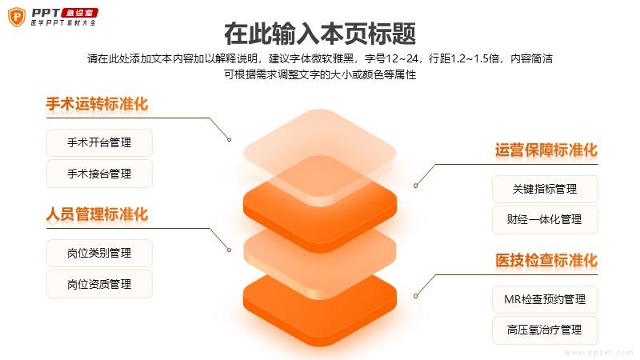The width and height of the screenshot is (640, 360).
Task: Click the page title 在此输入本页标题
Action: pos(320,34)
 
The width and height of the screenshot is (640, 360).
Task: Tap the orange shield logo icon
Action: pos(17,17)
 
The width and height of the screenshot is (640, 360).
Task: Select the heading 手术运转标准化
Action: pos(97,104)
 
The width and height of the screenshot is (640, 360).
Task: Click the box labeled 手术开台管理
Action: pos(99,142)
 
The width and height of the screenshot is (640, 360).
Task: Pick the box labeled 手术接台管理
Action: pos(99,174)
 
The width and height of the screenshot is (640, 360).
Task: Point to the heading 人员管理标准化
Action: pos(97,214)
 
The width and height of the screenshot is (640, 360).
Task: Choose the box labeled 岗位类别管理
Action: pos(99,253)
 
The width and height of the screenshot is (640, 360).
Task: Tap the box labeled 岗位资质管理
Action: pos(99,284)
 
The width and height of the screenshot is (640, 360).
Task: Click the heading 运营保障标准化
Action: pos(546,150)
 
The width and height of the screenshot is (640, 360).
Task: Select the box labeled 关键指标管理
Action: pos(545,189)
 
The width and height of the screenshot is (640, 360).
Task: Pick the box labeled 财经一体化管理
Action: pos(545,219)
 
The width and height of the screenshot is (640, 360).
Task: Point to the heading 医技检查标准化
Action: pos(546,261)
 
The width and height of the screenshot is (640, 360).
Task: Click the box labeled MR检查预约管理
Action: pos(545,299)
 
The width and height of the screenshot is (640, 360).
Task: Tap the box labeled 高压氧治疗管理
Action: pos(545,330)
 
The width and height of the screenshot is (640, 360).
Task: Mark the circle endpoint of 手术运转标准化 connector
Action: pos(230,139)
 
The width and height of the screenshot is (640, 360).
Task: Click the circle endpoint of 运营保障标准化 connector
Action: pos(415,186)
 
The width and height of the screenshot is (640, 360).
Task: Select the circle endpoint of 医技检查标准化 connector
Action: pos(415,296)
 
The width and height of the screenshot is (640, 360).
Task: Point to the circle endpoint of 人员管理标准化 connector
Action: pos(230,250)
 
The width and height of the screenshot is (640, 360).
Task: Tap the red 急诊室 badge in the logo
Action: pos(80,13)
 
